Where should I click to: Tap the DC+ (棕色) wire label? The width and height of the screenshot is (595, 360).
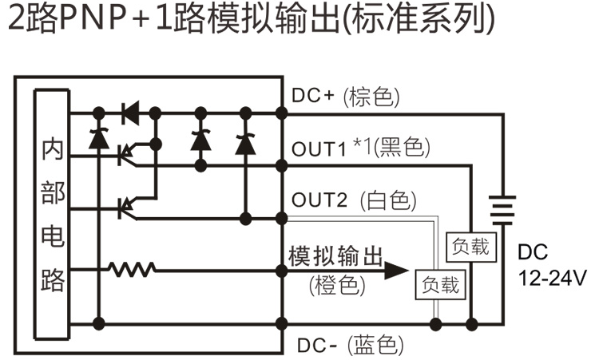point(344,97)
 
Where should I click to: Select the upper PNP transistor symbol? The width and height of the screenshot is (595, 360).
point(126,153)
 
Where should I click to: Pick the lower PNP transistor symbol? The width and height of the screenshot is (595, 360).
point(126,207)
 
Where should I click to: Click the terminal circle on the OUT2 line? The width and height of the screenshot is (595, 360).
point(280,216)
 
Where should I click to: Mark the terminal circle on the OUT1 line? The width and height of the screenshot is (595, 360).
point(280,164)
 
